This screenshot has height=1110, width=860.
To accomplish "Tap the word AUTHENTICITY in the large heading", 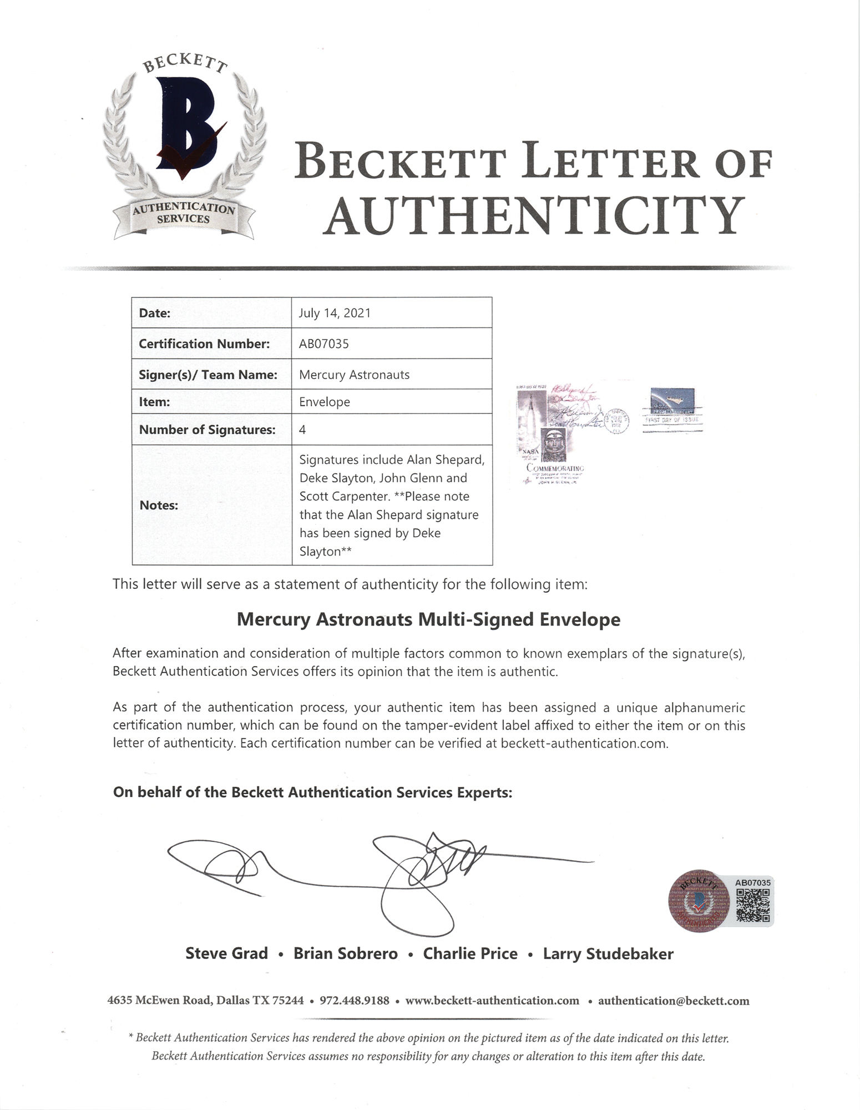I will click(x=533, y=215).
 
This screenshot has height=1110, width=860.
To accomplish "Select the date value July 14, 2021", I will click(x=335, y=313).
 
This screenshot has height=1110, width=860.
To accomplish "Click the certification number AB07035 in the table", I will click(x=324, y=344).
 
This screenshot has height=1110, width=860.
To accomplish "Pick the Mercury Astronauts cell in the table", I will click(x=354, y=375).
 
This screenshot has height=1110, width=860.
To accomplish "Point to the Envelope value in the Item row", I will click(x=325, y=402).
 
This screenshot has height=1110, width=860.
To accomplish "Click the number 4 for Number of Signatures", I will click(x=302, y=430).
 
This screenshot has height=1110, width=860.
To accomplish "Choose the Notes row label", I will click(x=159, y=505).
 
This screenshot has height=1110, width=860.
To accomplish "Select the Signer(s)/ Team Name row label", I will click(x=208, y=375).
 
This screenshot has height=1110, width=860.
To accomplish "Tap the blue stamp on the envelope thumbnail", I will click(x=672, y=402).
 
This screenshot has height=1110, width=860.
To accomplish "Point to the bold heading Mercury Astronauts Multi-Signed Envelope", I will click(x=428, y=619).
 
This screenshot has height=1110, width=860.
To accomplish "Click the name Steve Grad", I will click(x=226, y=953).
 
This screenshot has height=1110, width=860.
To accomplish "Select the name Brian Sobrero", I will click(x=345, y=953).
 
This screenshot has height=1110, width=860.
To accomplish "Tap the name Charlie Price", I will click(x=470, y=953).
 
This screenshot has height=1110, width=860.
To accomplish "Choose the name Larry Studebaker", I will click(x=608, y=953).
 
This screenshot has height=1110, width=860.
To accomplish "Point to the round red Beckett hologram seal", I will click(x=698, y=901).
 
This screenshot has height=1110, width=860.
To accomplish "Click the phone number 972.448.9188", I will click(x=355, y=1001).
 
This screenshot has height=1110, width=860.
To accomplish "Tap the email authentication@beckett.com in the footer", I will click(x=674, y=1001).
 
